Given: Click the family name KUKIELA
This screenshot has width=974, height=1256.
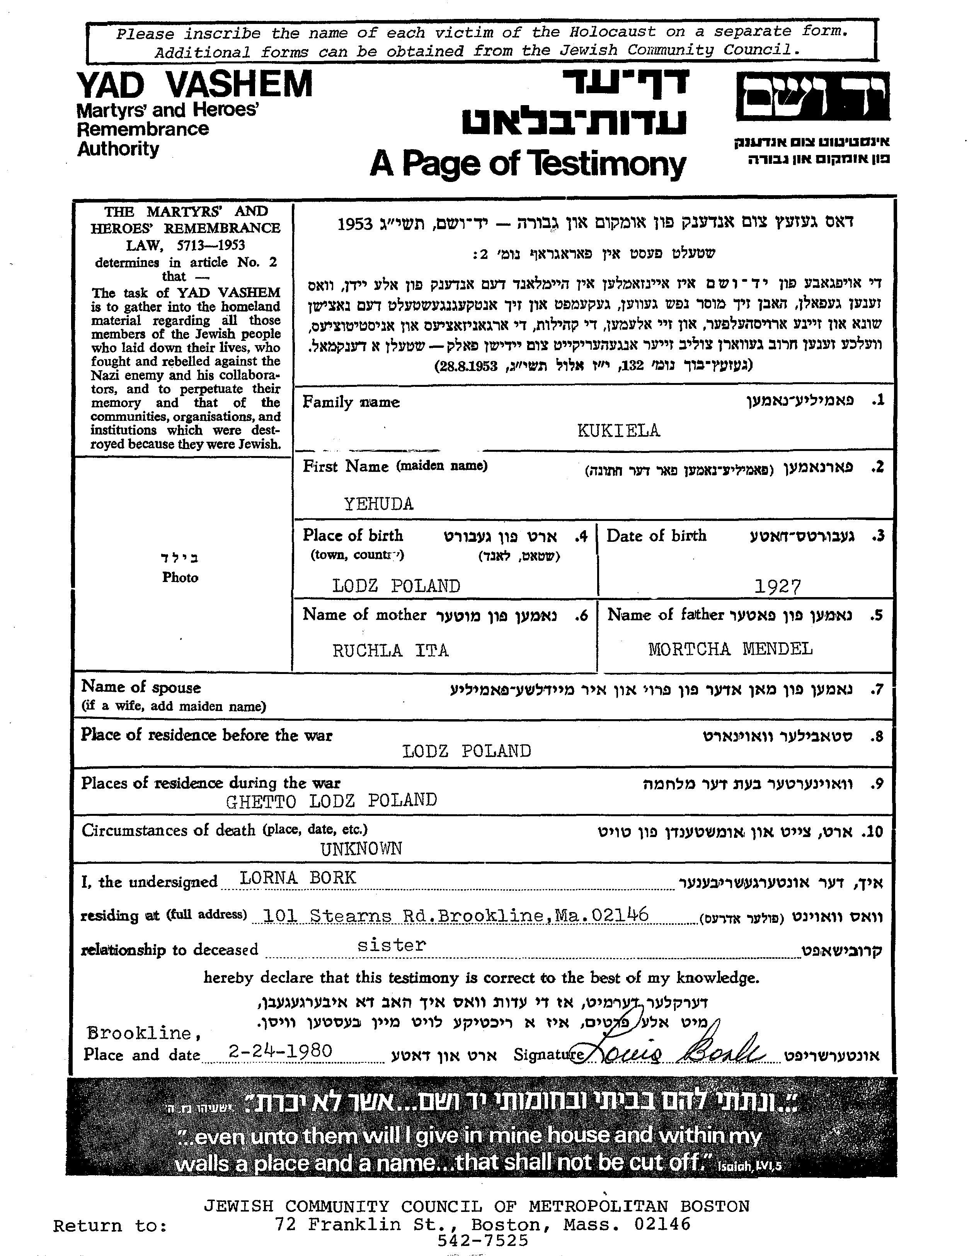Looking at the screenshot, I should tap(618, 430).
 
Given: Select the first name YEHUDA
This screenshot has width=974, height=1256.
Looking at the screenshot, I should tap(378, 504).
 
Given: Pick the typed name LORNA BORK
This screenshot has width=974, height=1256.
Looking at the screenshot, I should tap(298, 878).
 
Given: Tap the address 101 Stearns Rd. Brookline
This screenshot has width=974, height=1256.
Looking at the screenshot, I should tap(455, 915).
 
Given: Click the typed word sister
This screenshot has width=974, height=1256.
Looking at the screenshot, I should tap(391, 945).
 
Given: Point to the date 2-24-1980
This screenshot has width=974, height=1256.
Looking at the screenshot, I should tap(280, 1051).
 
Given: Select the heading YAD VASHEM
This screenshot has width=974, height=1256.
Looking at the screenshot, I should tap(194, 85).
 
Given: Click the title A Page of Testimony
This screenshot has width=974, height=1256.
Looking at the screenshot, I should tap(528, 164).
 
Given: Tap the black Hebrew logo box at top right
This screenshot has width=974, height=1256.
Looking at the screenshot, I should tap(812, 95).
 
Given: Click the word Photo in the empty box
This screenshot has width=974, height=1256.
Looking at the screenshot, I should tap(180, 577).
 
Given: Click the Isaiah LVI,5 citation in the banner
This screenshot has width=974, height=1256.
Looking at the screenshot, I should tap(749, 1166).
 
